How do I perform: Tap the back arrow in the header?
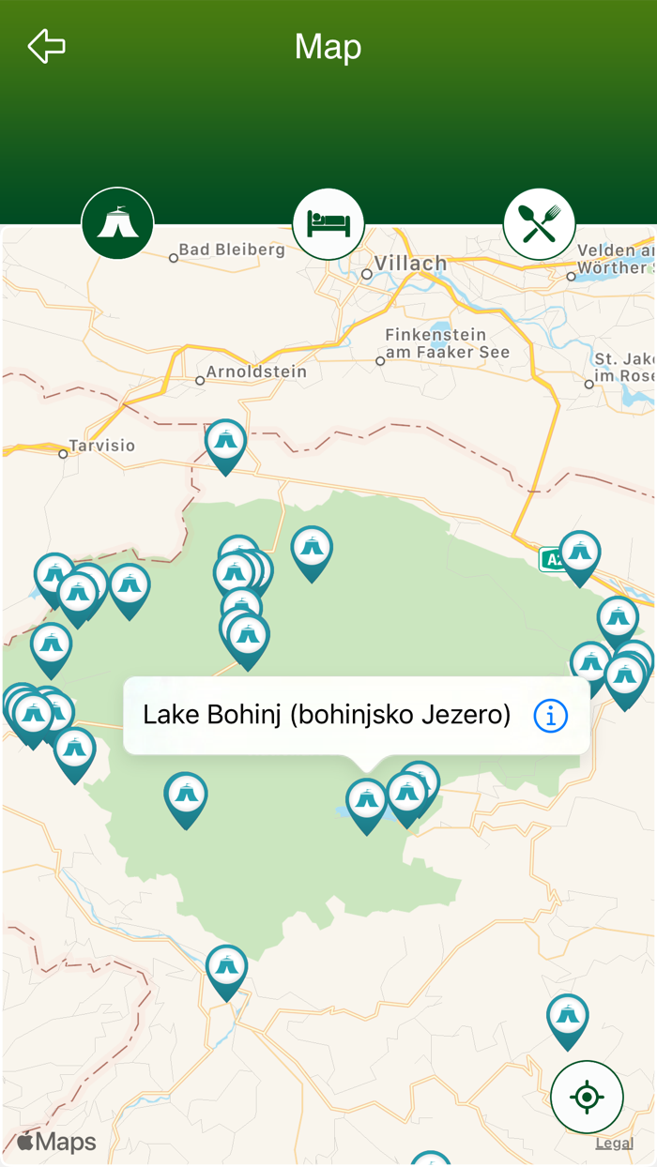(46, 46)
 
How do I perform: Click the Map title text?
(328, 47)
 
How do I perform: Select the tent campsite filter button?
(117, 224)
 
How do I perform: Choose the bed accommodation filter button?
(328, 224)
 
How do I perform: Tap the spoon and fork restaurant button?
(539, 224)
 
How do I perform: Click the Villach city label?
(410, 263)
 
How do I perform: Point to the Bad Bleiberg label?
(231, 250)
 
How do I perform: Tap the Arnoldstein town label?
(256, 371)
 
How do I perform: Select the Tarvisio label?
(102, 446)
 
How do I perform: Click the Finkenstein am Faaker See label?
(448, 343)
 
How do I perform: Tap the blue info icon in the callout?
(550, 716)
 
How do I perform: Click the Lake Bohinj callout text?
(327, 716)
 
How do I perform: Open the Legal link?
(614, 1144)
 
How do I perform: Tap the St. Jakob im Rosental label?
(623, 367)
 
